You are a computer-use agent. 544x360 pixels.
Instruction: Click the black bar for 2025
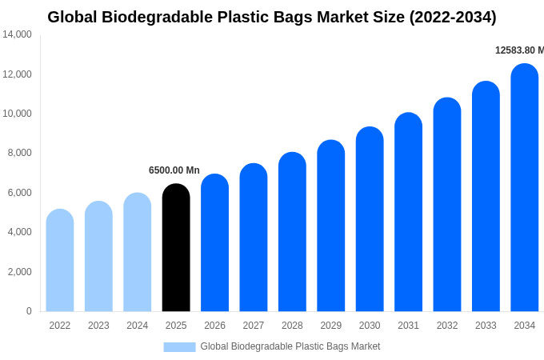pyautogui.click(x=176, y=248)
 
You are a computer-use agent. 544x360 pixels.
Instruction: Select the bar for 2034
pyautogui.click(x=525, y=188)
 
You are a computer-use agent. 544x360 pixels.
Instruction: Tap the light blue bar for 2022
pyautogui.click(x=60, y=261)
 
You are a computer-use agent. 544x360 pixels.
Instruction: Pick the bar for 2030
pyautogui.click(x=370, y=219)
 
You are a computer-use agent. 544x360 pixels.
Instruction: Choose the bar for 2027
pyautogui.click(x=254, y=238)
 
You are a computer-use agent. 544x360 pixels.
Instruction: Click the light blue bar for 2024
pyautogui.click(x=138, y=252)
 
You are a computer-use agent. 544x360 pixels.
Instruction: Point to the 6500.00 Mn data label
pyautogui.click(x=174, y=170)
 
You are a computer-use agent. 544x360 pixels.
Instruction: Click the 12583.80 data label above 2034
pyautogui.click(x=519, y=50)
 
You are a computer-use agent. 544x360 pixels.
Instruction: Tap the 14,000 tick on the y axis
pyautogui.click(x=17, y=34)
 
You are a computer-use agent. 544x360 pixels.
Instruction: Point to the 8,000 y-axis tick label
pyautogui.click(x=19, y=153)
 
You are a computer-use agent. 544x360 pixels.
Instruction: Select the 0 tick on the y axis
pyautogui.click(x=29, y=311)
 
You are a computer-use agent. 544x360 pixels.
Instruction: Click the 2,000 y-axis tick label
pyautogui.click(x=19, y=272)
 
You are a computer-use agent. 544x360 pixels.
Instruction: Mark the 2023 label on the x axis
pyautogui.click(x=98, y=326)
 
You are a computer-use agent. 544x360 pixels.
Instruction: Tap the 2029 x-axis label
pyautogui.click(x=331, y=326)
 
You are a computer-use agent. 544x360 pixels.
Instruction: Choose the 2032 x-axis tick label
pyautogui.click(x=447, y=326)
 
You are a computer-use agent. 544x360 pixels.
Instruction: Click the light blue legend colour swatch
pyautogui.click(x=179, y=346)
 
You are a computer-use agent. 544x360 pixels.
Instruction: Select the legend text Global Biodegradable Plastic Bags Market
pyautogui.click(x=290, y=346)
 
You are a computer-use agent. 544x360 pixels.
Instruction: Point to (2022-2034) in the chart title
pyautogui.click(x=453, y=17)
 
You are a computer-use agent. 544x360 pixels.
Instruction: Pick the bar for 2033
pyautogui.click(x=486, y=197)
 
